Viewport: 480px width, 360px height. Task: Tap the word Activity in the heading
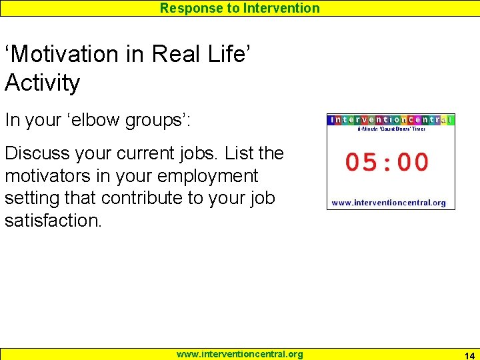click(43, 83)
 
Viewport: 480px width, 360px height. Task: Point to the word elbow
click(119, 120)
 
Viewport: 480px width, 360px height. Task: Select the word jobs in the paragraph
click(196, 153)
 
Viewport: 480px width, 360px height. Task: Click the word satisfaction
click(53, 221)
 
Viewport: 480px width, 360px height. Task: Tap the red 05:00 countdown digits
click(387, 162)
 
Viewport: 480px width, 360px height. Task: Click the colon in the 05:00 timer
click(387, 162)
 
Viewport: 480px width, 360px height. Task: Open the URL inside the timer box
click(389, 202)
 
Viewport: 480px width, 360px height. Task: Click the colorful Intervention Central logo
click(391, 120)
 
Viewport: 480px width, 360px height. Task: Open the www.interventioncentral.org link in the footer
click(239, 354)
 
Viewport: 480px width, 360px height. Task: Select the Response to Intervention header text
click(239, 8)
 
